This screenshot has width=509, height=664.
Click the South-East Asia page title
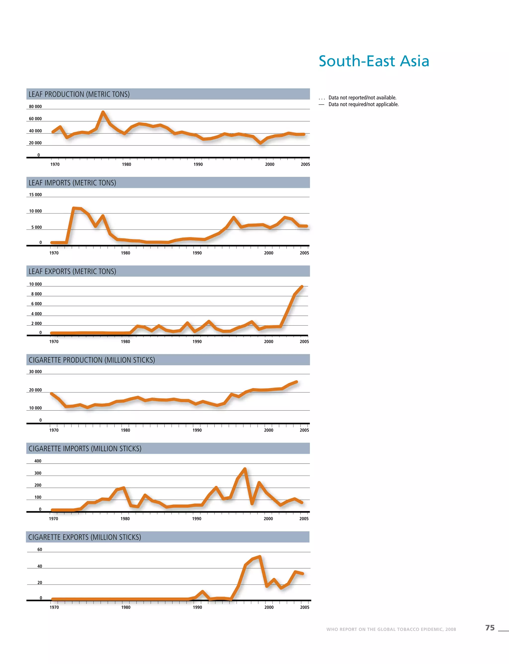[374, 61]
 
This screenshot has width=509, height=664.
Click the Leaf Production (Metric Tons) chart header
[79, 94]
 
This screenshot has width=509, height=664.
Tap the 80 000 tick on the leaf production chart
[36, 107]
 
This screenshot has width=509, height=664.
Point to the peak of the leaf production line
[103, 112]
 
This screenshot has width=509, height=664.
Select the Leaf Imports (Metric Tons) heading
[72, 183]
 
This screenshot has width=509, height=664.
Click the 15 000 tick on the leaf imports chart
[36, 195]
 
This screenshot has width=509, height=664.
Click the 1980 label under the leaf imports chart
[126, 253]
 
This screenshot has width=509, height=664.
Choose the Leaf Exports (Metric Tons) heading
[72, 271]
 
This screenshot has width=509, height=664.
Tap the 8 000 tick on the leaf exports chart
[36, 294]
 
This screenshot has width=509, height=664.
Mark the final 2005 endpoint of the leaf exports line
[302, 286]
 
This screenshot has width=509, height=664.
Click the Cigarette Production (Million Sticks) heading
[92, 360]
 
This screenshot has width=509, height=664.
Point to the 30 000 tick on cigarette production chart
[36, 372]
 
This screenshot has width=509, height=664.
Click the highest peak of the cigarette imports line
[245, 469]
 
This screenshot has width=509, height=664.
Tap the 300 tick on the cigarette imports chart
[38, 473]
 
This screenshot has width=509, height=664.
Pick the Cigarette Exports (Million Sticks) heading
[85, 537]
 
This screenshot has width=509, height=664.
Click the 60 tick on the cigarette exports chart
[40, 550]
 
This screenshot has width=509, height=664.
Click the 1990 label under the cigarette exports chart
[198, 607]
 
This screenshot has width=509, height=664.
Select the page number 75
[490, 628]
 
